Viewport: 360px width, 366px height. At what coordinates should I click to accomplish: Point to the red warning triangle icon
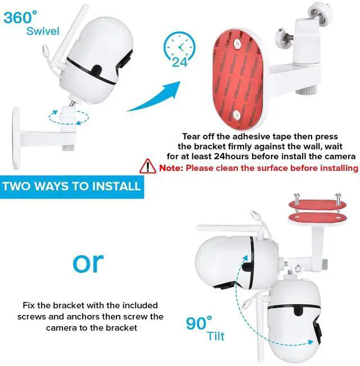(x=148, y=167)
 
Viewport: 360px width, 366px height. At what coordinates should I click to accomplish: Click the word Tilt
(x=215, y=336)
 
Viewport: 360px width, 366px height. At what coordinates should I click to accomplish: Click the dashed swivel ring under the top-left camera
(x=67, y=118)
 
